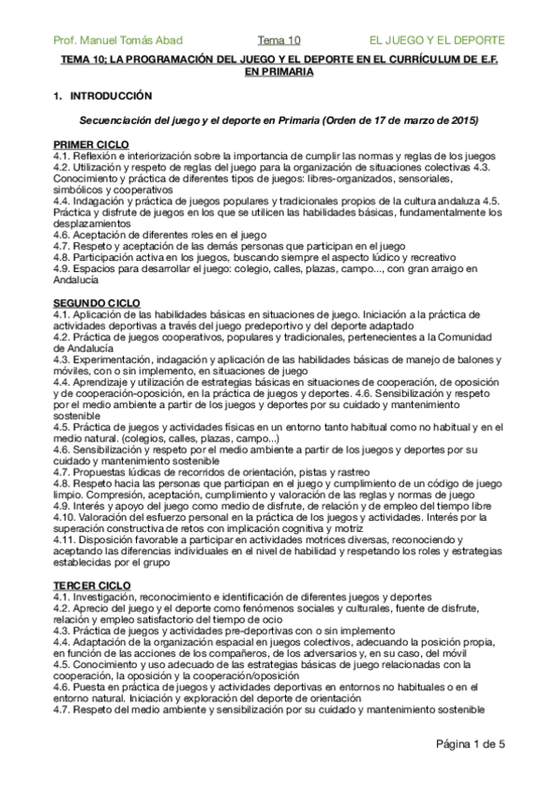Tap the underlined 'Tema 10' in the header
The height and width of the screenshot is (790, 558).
point(279,40)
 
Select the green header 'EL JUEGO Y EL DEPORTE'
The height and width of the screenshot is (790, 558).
point(437,40)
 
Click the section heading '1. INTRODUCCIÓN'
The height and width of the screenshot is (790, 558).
point(102,96)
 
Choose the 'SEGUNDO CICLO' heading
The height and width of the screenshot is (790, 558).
point(97,303)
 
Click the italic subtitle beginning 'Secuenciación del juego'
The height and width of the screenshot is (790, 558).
point(279,121)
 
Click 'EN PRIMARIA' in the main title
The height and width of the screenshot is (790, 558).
point(279,71)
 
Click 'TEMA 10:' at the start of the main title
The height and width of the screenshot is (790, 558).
point(82,59)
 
